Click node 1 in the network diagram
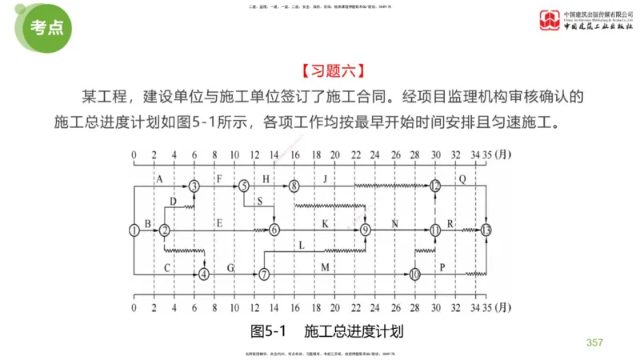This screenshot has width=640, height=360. (134, 230)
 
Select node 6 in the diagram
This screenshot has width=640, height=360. (274, 230)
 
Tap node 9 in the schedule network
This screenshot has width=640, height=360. (366, 230)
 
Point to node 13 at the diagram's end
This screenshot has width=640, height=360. (487, 230)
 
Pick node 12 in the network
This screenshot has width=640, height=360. (435, 186)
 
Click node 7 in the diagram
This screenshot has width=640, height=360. (264, 274)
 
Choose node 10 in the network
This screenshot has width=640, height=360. (414, 274)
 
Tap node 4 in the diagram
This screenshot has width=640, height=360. (204, 274)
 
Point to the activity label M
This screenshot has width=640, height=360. (325, 267)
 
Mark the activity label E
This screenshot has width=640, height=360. (219, 223)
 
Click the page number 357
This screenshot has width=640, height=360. (594, 342)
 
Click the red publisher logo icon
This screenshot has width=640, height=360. (550, 18)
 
